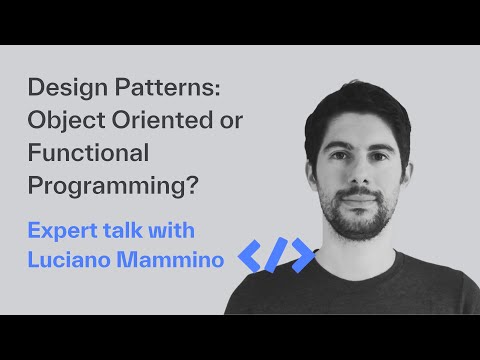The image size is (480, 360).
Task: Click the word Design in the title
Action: [62, 89]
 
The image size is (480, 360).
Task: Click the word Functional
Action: [88, 154]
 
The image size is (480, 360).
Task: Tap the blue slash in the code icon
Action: [276, 257]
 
